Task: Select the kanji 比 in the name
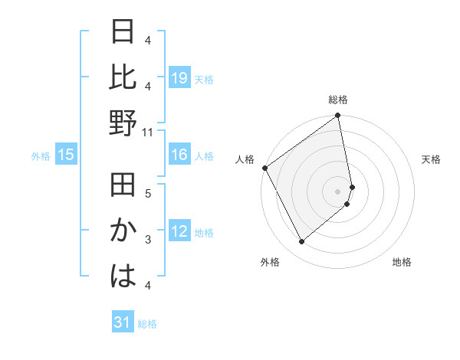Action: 123,78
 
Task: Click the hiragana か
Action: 123,231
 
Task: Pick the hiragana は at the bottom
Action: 123,275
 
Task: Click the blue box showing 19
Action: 179,78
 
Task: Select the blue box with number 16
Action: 179,155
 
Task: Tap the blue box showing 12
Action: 179,231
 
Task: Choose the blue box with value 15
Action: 66,155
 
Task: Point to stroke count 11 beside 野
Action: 148,132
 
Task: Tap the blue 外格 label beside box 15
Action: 41,156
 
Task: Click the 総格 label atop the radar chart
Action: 338,100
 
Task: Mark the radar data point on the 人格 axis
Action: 264,168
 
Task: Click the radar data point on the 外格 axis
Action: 301,242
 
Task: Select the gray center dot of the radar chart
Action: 338,191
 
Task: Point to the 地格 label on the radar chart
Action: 402,262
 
